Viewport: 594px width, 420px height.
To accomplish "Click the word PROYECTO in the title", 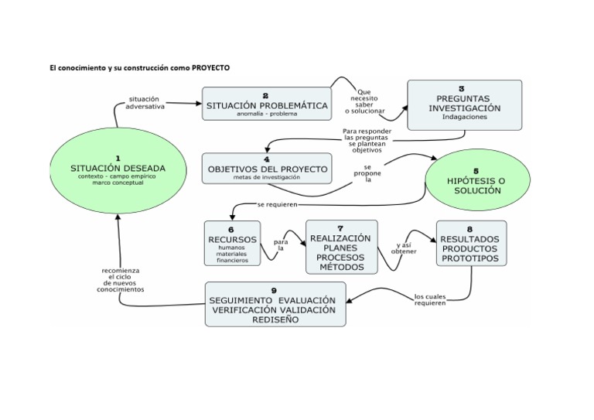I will tap(210, 67).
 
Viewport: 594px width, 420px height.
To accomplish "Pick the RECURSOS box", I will tap(232, 243).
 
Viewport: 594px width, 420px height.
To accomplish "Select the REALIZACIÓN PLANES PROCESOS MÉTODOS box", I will tap(340, 247).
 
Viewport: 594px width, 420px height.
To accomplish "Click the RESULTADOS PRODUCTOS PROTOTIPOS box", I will tap(471, 244).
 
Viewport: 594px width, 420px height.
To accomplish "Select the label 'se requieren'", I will tap(276, 205).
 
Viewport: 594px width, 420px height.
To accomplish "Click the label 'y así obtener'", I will tap(405, 247).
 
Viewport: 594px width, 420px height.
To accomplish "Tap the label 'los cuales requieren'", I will tap(430, 299).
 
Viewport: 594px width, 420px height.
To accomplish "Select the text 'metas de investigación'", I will tap(266, 177).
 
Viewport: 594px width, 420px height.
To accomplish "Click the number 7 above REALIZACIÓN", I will tap(340, 228).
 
